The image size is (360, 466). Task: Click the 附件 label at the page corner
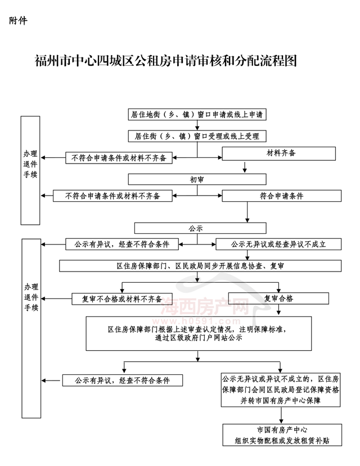18,20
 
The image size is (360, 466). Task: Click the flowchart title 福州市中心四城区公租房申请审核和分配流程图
166,61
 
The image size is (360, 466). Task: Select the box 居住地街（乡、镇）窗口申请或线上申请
197,115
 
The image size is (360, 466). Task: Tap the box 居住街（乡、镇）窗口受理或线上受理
197,136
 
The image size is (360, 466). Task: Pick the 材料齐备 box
279,153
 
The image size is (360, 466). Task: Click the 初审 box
197,179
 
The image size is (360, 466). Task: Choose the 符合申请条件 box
281,196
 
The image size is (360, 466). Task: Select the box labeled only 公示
200,228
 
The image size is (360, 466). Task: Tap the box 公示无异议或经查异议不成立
278,245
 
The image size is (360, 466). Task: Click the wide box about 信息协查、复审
200,266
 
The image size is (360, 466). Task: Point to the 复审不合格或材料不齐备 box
122,299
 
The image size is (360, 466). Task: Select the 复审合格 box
278,298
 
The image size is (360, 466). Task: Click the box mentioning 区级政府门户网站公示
199,333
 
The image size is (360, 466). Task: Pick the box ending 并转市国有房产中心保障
281,390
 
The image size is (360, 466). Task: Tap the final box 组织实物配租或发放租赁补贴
282,435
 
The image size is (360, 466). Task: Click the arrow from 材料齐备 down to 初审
245,167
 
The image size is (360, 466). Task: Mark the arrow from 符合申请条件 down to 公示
247,212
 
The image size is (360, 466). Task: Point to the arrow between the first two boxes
197,125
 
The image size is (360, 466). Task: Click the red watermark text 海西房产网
205,306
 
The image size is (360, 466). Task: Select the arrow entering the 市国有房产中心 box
281,415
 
